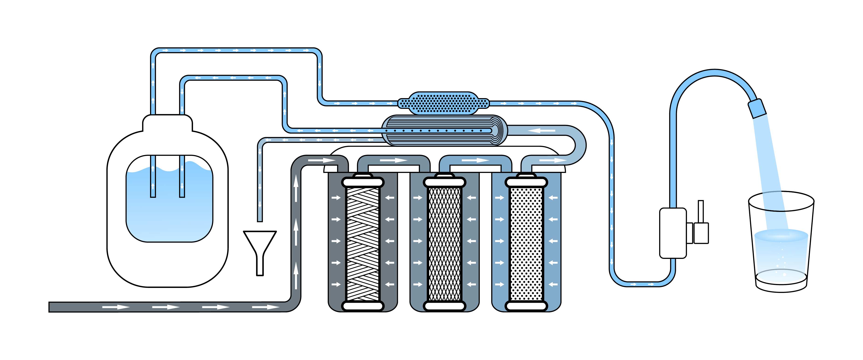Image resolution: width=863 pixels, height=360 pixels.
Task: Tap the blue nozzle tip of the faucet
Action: tap(757, 108)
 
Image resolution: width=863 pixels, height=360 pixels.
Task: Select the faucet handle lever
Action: tap(701, 211)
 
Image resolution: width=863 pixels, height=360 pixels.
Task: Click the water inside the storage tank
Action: tap(169, 214)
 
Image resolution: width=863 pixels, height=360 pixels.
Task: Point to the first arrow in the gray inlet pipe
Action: tap(116, 307)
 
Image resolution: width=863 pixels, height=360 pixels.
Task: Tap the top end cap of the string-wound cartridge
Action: tap(363, 182)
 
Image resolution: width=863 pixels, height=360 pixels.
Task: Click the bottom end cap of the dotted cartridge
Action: tap(526, 306)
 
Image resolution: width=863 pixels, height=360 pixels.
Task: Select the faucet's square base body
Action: tap(673, 233)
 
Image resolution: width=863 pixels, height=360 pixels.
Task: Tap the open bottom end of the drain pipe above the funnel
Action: tap(260, 220)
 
